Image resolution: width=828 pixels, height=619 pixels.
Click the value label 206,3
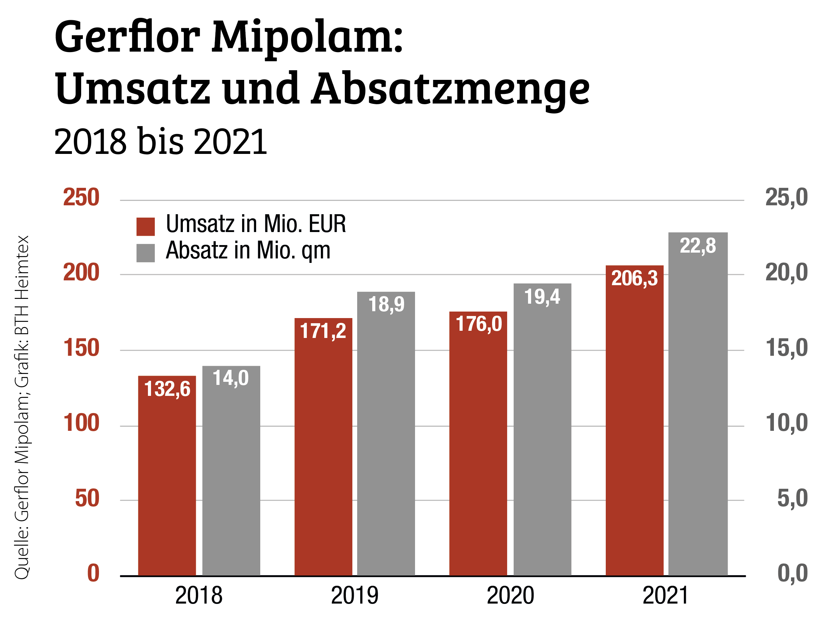[x=634, y=278]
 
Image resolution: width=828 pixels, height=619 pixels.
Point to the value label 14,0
[x=230, y=378]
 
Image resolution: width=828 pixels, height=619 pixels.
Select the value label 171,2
[x=323, y=331]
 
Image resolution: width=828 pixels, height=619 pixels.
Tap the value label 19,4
[x=542, y=297]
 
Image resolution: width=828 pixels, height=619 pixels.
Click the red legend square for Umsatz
[x=146, y=227]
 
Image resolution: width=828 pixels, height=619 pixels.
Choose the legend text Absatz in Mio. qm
[x=248, y=250]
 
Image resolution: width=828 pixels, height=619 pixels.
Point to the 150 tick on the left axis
[x=81, y=348]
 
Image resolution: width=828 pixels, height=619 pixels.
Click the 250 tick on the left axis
[x=81, y=197]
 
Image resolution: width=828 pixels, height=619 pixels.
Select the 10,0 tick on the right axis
[x=787, y=423]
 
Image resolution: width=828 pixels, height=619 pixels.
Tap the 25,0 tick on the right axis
[x=787, y=197]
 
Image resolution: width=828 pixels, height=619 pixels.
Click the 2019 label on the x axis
[x=354, y=595]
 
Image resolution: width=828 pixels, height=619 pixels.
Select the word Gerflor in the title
[x=127, y=37]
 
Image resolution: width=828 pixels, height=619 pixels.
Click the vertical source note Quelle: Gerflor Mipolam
[x=22, y=469]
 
